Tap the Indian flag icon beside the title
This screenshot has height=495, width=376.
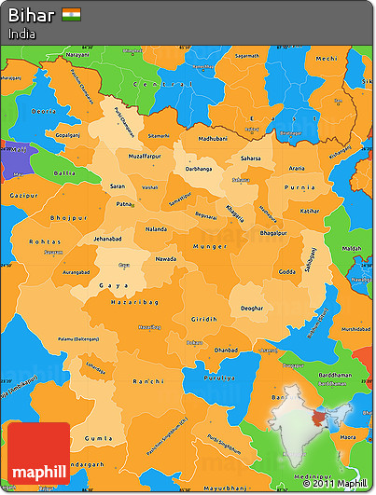[71, 15]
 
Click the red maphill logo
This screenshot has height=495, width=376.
[37, 452]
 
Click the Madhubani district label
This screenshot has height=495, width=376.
[199, 137]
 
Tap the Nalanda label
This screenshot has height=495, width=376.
[157, 228]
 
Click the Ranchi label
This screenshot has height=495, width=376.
[148, 381]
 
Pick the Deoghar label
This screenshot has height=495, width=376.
[252, 307]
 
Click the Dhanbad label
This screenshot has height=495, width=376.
[224, 351]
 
